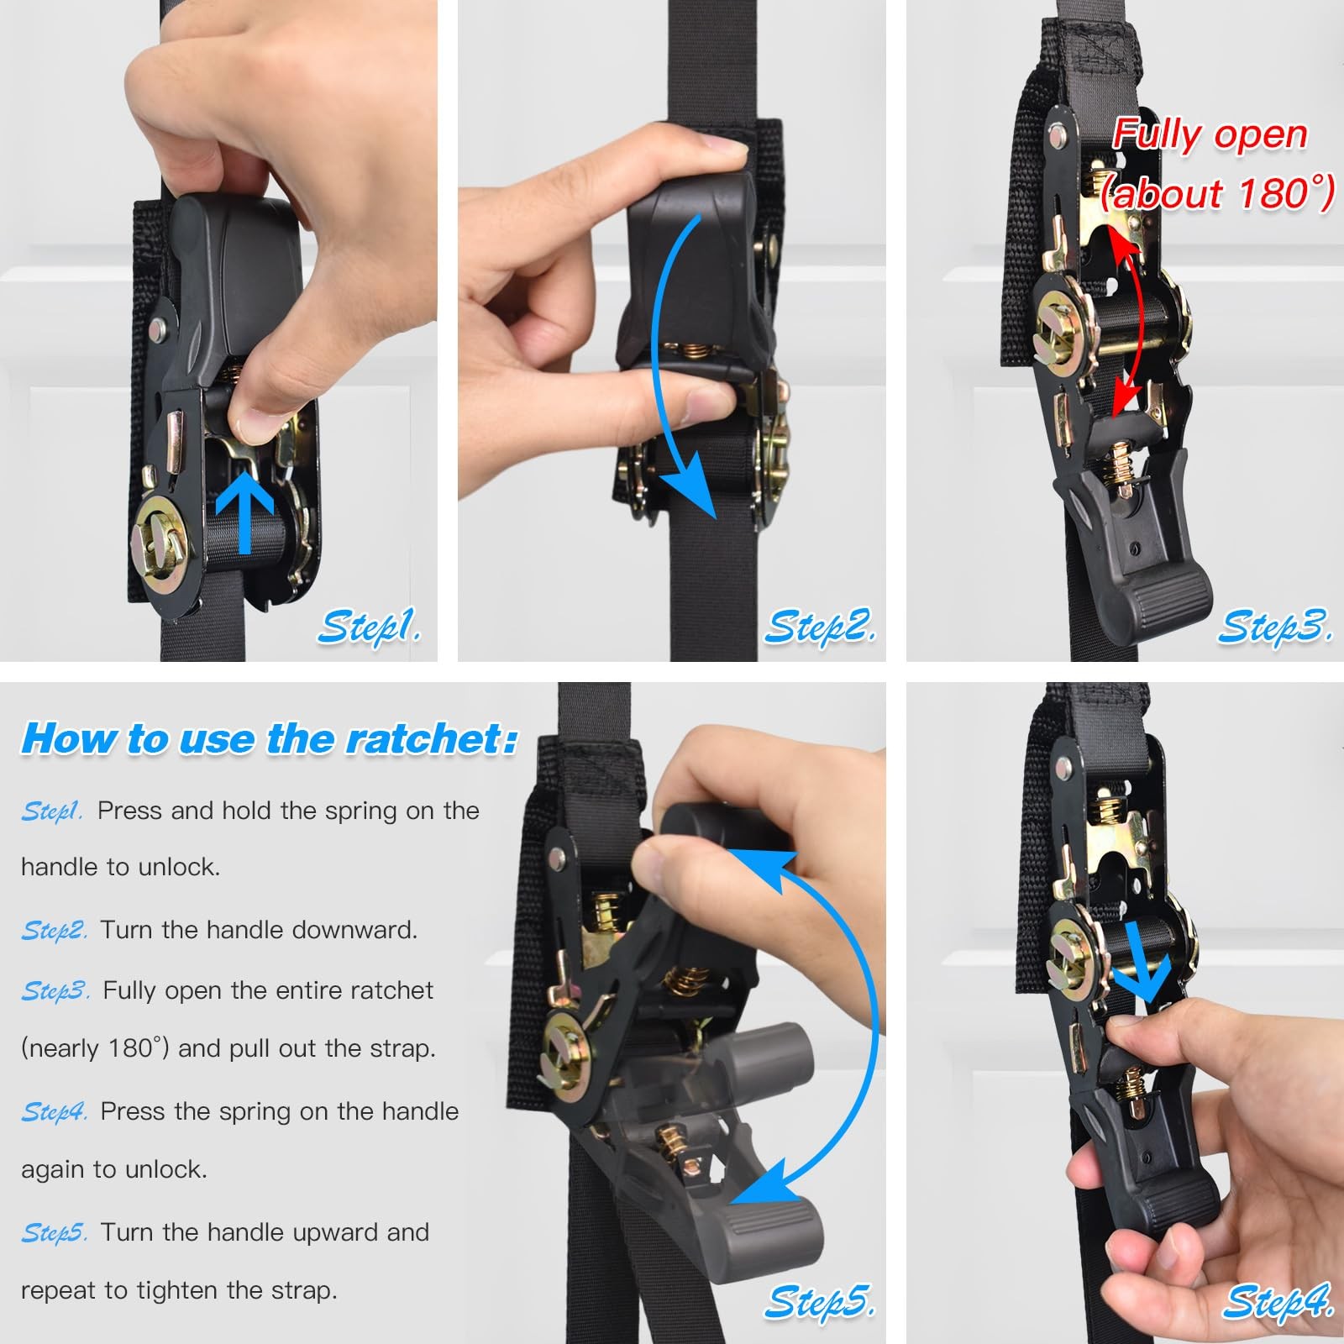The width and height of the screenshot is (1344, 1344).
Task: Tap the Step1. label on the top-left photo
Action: click(x=369, y=627)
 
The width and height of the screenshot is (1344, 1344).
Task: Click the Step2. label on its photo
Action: click(x=819, y=627)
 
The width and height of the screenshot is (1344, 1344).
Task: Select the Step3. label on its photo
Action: click(x=1274, y=627)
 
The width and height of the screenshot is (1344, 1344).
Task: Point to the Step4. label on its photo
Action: click(x=1277, y=1301)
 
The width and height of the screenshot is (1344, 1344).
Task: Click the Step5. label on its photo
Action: click(x=819, y=1301)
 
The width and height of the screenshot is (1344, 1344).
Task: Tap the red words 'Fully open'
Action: click(x=1210, y=134)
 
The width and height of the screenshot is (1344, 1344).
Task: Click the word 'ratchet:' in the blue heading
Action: click(x=432, y=739)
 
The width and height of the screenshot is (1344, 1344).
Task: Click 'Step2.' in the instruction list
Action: click(x=54, y=931)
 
